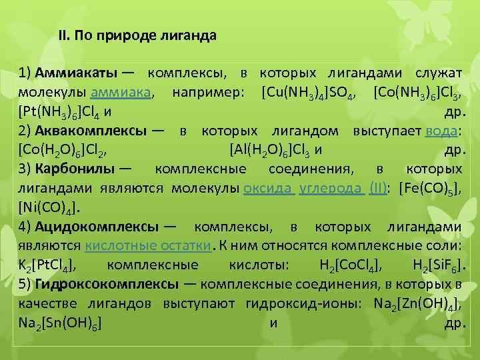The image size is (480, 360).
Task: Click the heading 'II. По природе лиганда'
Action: click(x=137, y=35)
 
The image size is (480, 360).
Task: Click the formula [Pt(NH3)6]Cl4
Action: click(x=58, y=110)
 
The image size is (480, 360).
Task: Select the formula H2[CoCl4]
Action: click(x=351, y=265)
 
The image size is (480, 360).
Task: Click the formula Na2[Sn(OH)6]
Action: click(x=59, y=323)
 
